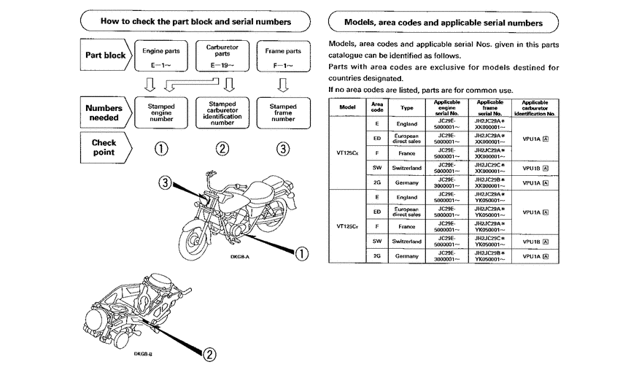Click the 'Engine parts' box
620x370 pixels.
click(x=161, y=55)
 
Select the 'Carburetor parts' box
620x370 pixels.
click(x=222, y=55)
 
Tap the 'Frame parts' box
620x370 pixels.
click(x=283, y=55)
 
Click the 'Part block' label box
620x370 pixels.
click(x=105, y=55)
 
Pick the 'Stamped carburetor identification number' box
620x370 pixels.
click(x=222, y=113)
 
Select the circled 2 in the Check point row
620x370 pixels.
click(x=222, y=149)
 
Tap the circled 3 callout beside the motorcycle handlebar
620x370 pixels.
click(x=166, y=182)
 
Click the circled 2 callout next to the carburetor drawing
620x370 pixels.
click(x=209, y=354)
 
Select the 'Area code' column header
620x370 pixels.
click(x=377, y=107)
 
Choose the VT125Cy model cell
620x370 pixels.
click(x=347, y=226)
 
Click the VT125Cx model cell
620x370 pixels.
click(x=347, y=153)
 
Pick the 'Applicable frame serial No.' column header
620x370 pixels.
click(x=489, y=107)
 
